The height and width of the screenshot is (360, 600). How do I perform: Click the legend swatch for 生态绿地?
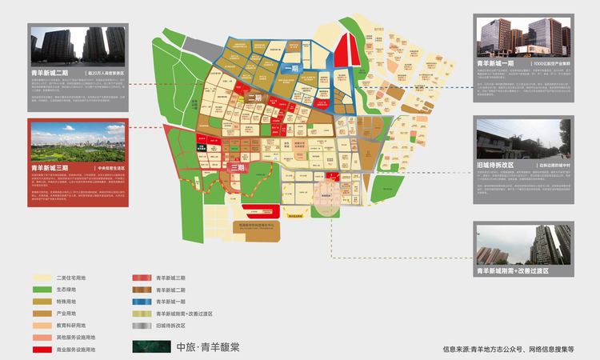click(x=42, y=289)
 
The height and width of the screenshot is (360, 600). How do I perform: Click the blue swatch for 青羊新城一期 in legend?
click(x=142, y=301)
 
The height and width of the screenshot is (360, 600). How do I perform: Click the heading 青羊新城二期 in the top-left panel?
click(x=57, y=73)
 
